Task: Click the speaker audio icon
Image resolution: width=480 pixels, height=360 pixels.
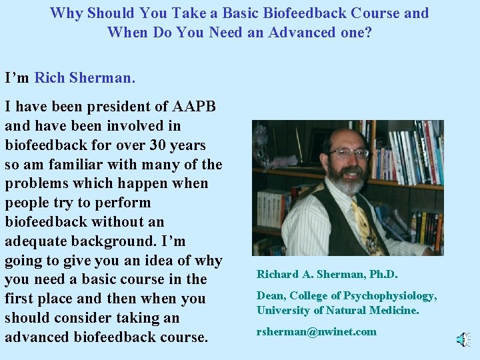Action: point(463,340)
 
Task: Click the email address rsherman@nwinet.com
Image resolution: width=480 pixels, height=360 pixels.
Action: point(317,332)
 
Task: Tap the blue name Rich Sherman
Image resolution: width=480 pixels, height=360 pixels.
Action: point(85,78)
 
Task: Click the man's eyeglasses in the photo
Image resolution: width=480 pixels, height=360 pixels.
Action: point(349,153)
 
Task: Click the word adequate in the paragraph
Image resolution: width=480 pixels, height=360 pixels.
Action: point(36,241)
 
